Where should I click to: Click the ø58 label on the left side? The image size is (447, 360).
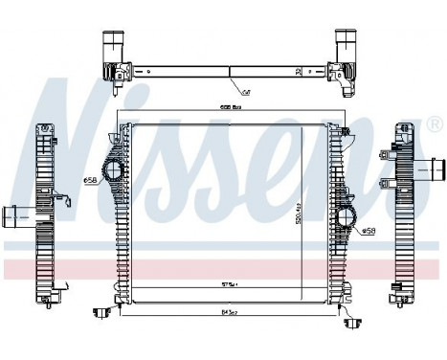[92, 180]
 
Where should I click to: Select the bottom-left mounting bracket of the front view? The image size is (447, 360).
[99, 312]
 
